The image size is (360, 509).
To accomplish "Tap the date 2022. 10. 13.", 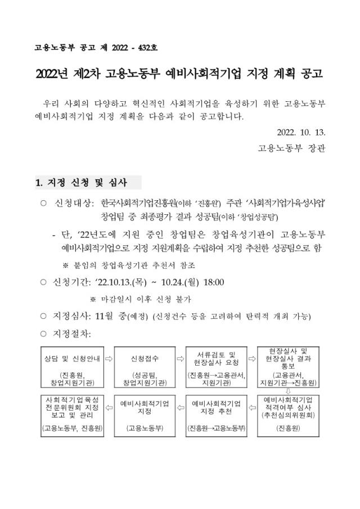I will click(301, 133).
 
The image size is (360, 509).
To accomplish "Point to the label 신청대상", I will click(73, 202).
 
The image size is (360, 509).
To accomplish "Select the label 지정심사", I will click(71, 316).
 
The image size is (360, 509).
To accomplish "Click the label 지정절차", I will click(71, 334).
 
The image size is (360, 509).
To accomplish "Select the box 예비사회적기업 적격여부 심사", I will click(288, 415).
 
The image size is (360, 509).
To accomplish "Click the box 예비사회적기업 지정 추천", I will click(216, 415).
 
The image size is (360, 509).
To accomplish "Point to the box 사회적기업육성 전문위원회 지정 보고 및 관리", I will click(72, 415).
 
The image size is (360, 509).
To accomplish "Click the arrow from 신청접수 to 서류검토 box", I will click(180, 358).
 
